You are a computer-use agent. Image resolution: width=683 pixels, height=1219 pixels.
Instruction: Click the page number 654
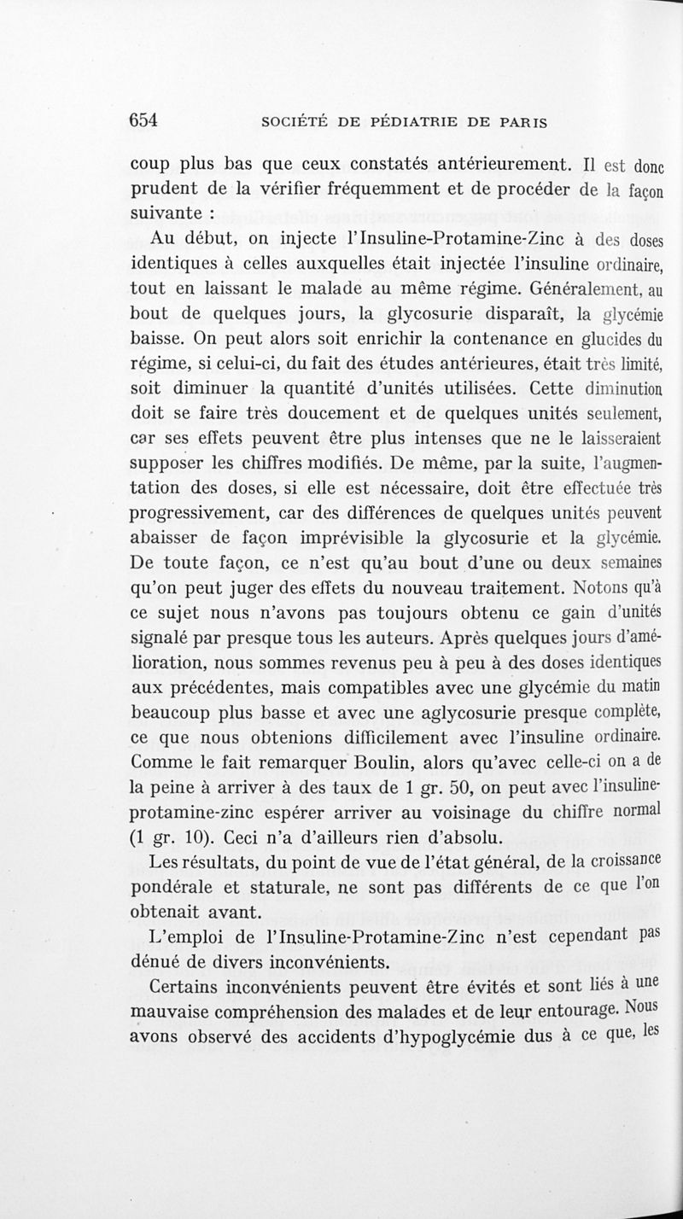(143, 120)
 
